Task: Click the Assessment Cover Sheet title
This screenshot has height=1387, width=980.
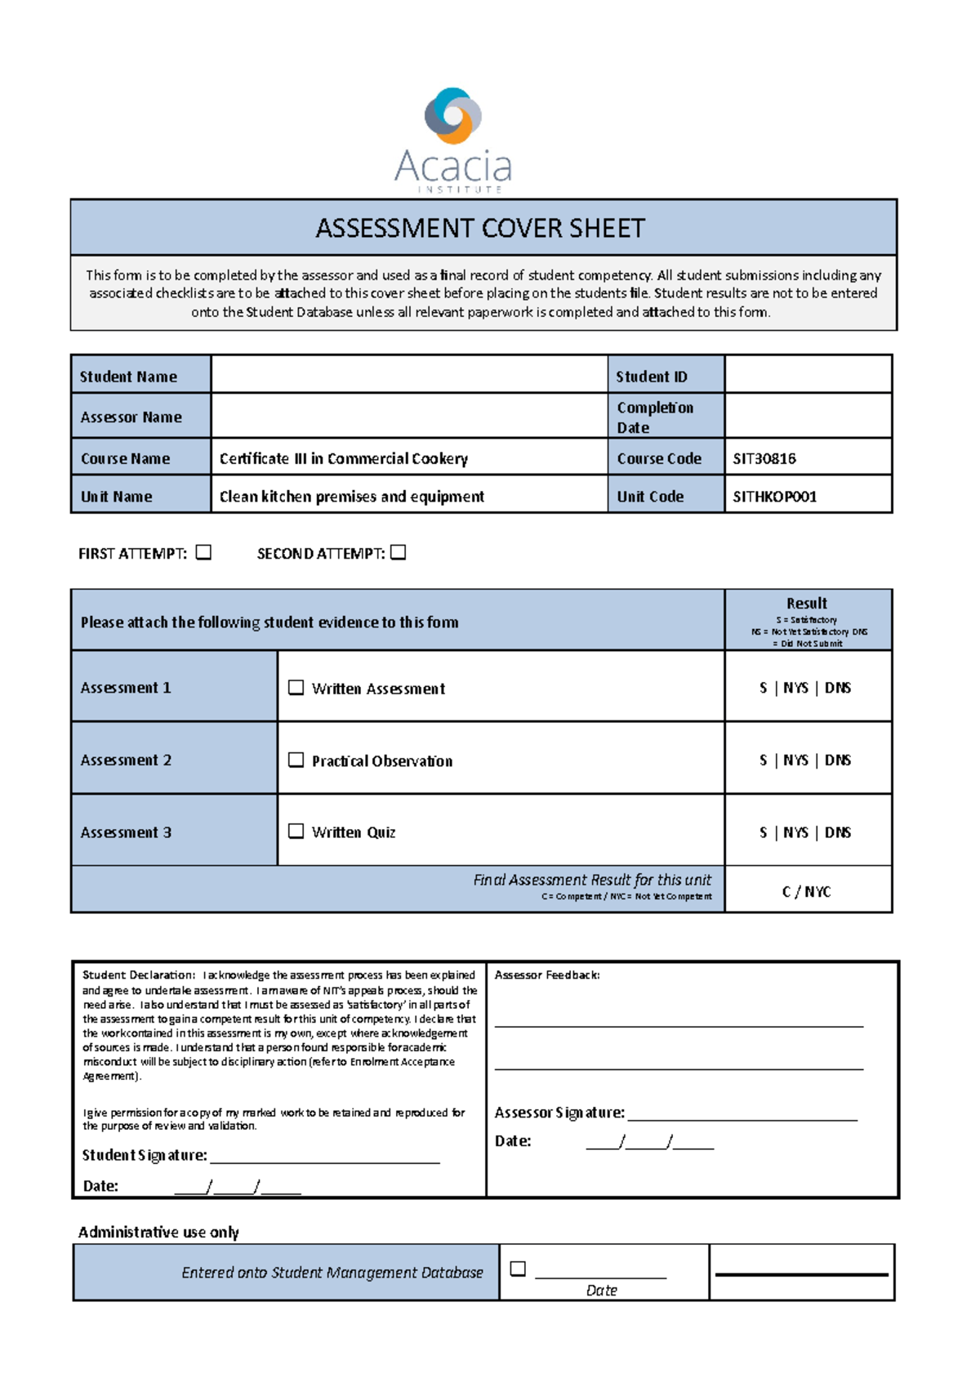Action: [x=480, y=228]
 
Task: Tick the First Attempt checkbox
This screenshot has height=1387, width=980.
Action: [x=204, y=553]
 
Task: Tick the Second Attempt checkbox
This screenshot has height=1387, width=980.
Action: [x=399, y=553]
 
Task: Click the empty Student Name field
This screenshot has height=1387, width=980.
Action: [x=408, y=375]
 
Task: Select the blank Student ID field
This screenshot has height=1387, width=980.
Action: [x=807, y=375]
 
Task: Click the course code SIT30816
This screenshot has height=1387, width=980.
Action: [x=764, y=458]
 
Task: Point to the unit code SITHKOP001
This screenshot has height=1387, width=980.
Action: [x=774, y=497]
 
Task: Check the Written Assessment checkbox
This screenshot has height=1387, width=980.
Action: [x=296, y=688]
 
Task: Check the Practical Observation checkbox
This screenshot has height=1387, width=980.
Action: [x=296, y=760]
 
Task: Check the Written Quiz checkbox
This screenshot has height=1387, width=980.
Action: [x=296, y=832]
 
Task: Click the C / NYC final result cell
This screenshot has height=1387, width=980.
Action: [x=807, y=891]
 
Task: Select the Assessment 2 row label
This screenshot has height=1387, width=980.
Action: [x=127, y=760]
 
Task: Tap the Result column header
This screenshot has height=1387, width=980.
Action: [x=807, y=604]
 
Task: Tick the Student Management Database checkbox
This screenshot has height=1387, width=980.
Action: [x=518, y=1269]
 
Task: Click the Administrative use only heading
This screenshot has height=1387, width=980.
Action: [x=158, y=1232]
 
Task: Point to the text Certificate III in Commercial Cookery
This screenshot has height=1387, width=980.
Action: [x=344, y=459]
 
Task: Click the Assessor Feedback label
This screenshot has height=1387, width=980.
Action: [x=547, y=975]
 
